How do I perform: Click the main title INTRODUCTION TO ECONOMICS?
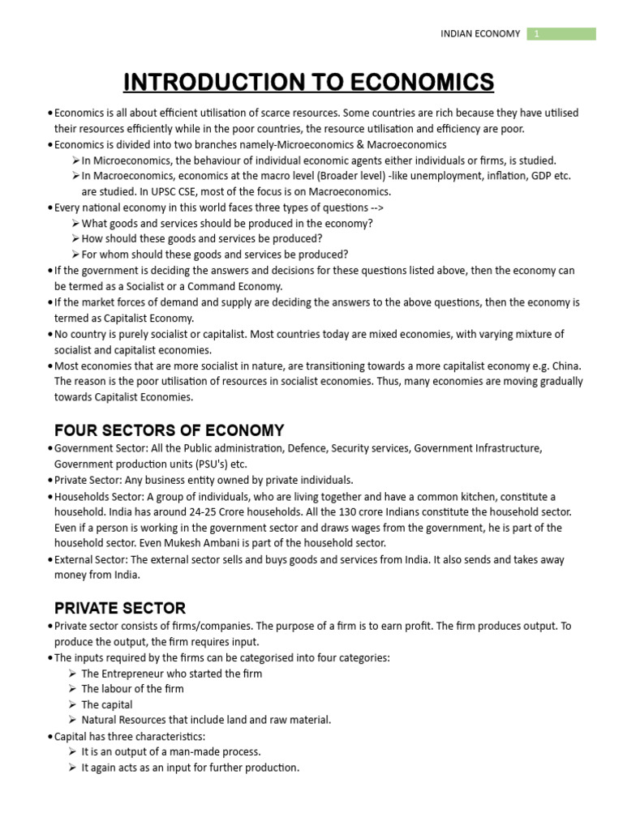308,82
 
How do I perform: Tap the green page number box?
561,33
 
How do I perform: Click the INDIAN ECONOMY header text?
480,34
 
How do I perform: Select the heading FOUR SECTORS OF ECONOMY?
169,430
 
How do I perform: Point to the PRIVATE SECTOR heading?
120,608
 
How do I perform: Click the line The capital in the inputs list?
107,704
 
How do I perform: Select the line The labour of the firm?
132,689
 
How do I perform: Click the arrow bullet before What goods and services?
75,224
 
